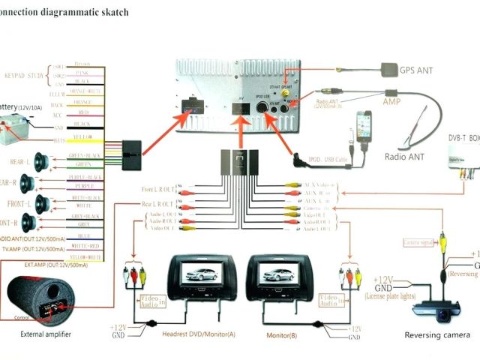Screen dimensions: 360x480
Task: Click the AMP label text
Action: [392, 100]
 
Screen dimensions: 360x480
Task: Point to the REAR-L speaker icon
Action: [37, 162]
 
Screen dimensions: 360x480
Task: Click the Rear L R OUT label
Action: [157, 204]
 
